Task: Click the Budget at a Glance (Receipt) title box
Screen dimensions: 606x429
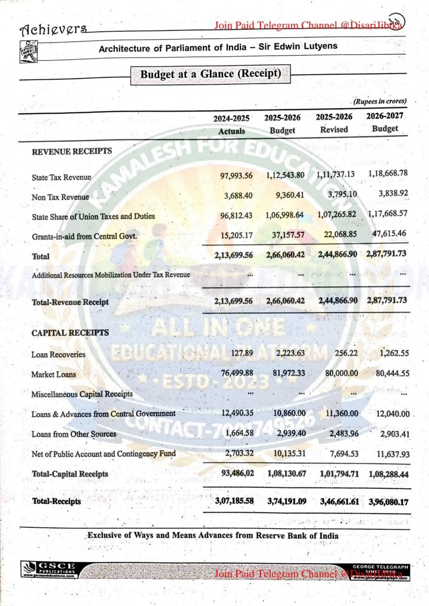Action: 210,74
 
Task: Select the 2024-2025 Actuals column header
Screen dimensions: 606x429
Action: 231,124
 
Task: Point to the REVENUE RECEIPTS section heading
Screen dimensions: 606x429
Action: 72,151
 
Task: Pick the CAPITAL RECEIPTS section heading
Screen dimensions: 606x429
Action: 70,333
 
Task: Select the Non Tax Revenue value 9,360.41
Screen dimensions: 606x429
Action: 285,196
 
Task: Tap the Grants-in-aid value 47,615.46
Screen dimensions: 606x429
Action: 389,234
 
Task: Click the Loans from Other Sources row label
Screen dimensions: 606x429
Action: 74,434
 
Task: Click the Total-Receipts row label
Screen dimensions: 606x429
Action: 56,501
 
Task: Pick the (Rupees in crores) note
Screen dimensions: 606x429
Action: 380,101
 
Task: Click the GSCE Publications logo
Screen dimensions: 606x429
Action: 50,569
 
